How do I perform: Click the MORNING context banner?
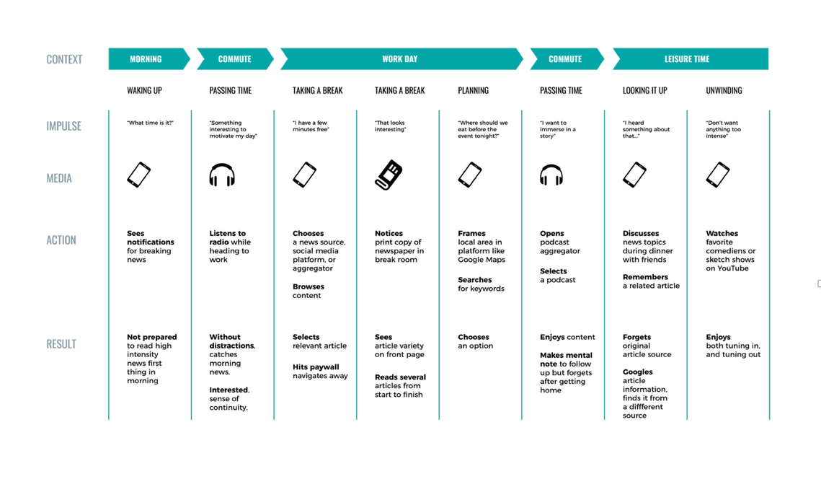click(148, 58)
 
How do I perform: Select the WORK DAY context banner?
click(401, 58)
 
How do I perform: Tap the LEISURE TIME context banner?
click(690, 58)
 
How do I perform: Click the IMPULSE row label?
click(64, 126)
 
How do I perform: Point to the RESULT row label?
click(61, 344)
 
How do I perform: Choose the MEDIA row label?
click(59, 178)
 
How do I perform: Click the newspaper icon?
click(389, 175)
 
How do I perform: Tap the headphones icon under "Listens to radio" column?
click(222, 175)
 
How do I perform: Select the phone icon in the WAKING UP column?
click(138, 175)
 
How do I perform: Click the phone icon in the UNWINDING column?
click(718, 175)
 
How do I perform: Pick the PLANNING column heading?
click(474, 91)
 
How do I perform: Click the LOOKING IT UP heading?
click(645, 91)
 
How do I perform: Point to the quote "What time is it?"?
click(150, 123)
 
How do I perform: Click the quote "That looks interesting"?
click(390, 126)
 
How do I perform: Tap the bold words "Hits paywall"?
click(316, 367)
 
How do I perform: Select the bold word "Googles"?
click(638, 372)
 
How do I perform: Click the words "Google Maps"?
click(481, 260)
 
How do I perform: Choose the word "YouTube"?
click(732, 268)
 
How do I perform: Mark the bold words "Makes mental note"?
click(566, 359)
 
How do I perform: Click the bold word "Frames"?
click(471, 233)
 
